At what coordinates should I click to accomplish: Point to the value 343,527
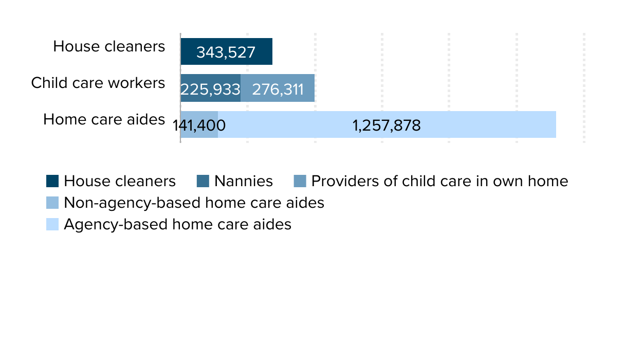226,52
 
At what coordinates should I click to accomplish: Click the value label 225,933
210,89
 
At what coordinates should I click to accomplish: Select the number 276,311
278,89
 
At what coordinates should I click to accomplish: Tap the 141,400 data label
199,125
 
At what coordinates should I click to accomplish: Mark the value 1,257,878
387,125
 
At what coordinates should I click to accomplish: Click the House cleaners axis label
109,46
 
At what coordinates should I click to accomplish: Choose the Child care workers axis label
98,83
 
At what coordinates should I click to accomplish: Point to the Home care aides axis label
104,119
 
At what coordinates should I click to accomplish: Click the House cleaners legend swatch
52,182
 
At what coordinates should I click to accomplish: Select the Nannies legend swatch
203,182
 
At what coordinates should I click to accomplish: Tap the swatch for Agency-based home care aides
52,225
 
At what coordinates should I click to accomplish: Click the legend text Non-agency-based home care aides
194,203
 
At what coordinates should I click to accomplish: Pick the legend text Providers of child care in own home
439,182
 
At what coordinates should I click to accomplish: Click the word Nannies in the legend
243,182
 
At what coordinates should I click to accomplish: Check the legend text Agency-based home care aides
177,225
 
